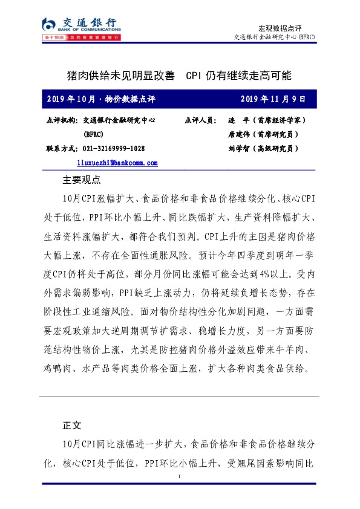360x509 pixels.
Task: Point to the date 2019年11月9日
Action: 273,99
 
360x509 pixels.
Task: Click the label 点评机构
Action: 62,121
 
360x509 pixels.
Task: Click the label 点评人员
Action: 200,121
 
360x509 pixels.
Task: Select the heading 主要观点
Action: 82,180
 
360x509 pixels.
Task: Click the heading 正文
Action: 72,425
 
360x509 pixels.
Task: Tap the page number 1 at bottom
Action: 180,478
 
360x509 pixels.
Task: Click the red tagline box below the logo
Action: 80,37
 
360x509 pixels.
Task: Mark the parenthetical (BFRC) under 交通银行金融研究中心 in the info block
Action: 95,134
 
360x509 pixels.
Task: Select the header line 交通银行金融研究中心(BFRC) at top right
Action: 274,37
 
